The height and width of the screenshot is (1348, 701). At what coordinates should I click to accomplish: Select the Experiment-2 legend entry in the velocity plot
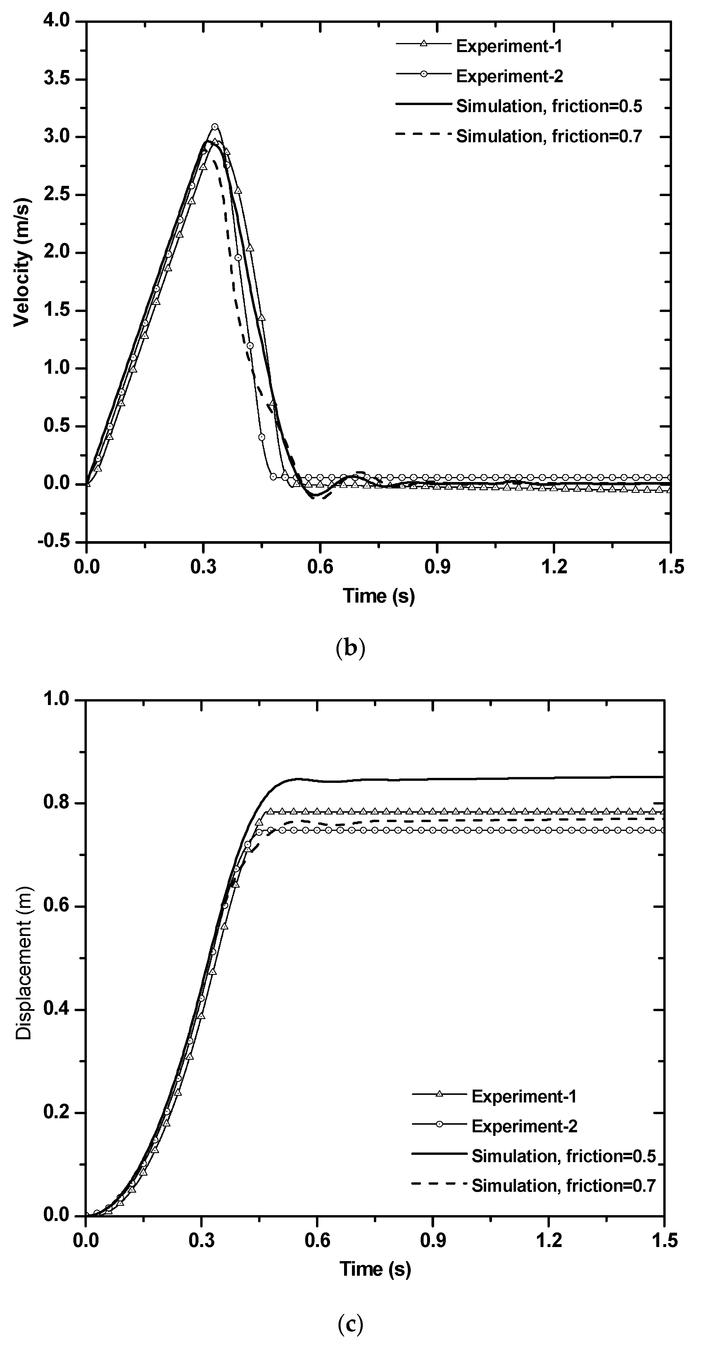click(509, 76)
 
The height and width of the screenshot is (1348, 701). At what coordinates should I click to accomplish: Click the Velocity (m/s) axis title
click(22, 262)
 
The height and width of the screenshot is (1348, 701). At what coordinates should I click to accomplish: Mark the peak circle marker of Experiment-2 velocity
click(214, 127)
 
